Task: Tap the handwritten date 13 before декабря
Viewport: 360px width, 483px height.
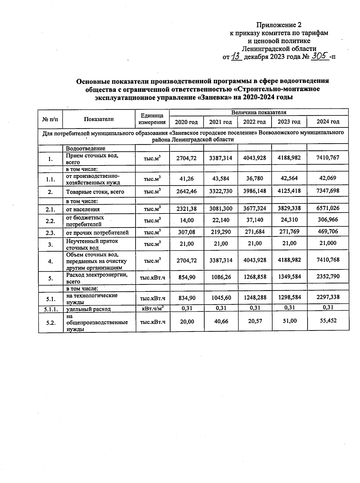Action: point(237,56)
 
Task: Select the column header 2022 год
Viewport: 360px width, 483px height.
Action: point(254,122)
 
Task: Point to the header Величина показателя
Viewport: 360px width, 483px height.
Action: point(259,112)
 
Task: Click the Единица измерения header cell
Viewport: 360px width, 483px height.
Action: point(153,119)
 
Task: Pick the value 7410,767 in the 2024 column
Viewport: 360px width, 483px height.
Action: point(328,158)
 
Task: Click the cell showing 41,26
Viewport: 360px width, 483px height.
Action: point(187,178)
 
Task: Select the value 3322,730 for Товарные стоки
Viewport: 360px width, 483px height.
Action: point(220,191)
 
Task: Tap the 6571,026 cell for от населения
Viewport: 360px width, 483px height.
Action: point(328,208)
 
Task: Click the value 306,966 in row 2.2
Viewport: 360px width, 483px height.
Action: point(328,220)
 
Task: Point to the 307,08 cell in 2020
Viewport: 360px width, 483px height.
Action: point(187,232)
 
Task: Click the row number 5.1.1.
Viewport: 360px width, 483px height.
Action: point(50,309)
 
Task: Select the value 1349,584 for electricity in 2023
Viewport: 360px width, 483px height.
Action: point(289,276)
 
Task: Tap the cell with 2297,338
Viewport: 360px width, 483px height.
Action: point(328,297)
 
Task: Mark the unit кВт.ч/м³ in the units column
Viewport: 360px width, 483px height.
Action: point(153,308)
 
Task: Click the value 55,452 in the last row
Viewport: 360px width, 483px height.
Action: point(328,321)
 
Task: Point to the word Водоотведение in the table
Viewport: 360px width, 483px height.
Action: point(85,148)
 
